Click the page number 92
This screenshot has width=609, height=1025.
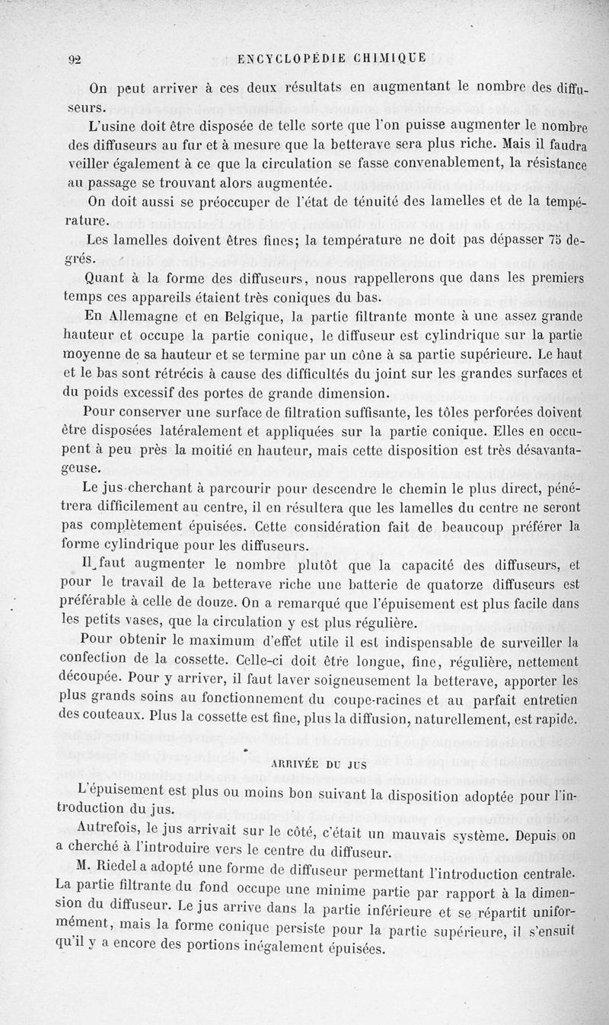coord(75,62)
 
